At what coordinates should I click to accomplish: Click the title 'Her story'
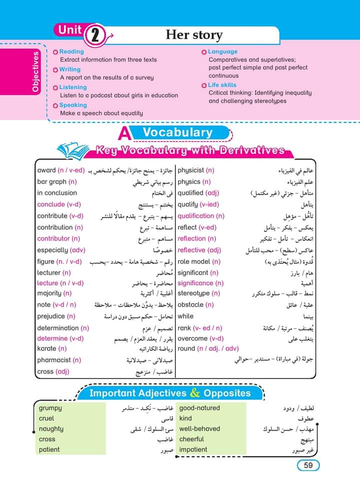click(x=194, y=35)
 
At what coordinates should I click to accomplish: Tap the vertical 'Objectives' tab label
click(x=35, y=71)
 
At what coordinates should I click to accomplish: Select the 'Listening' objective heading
click(x=73, y=87)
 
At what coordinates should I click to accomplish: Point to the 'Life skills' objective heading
click(x=222, y=85)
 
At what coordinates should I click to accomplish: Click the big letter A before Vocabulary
click(x=124, y=135)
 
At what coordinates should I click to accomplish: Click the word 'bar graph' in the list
click(x=52, y=182)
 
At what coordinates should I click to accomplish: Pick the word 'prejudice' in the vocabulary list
click(x=51, y=316)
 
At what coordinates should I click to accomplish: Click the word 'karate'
click(x=47, y=348)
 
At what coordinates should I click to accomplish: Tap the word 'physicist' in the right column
click(x=190, y=170)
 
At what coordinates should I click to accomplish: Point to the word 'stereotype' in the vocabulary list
click(x=193, y=293)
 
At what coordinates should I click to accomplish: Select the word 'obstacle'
click(x=190, y=304)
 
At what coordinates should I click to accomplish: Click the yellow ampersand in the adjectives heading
click(x=195, y=393)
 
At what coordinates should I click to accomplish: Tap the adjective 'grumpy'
click(x=50, y=408)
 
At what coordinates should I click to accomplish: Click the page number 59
click(x=308, y=465)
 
